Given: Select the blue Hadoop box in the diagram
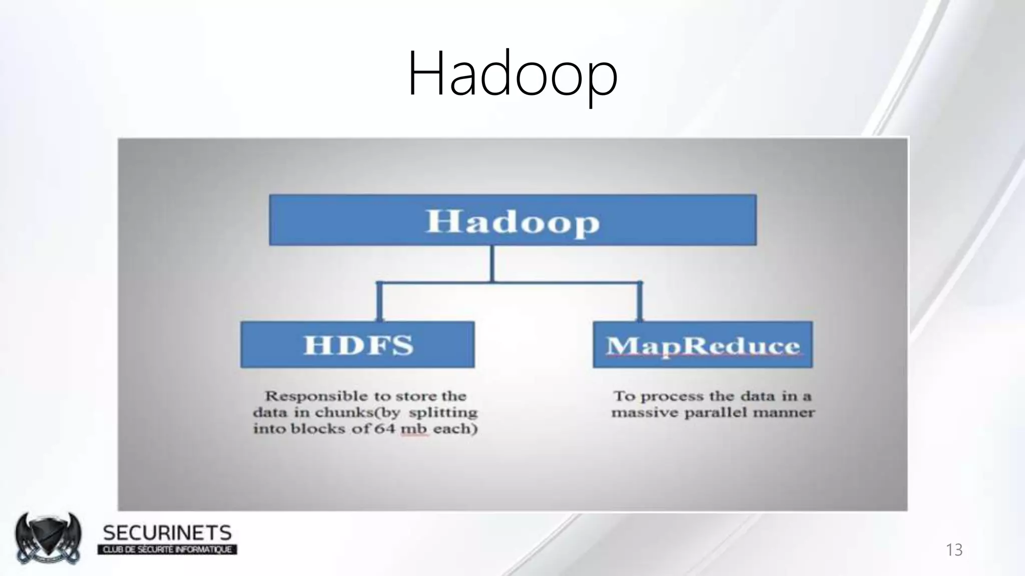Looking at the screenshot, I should click(512, 220).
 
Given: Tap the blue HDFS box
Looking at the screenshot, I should click(357, 345).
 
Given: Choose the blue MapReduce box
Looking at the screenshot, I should click(703, 345).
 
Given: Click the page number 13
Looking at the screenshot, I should click(954, 549).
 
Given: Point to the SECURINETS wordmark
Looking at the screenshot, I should click(167, 533).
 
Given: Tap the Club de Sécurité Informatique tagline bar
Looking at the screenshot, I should click(167, 550).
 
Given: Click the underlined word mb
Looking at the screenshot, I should click(414, 429).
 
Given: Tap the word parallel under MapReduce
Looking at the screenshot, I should click(718, 413).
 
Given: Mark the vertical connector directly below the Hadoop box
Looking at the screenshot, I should click(492, 263).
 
